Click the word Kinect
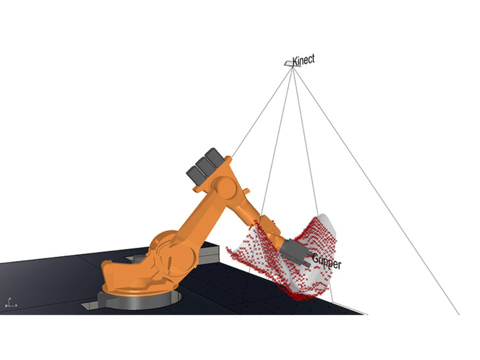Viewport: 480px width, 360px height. pyautogui.click(x=303, y=60)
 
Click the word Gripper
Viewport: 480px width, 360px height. pyautogui.click(x=326, y=262)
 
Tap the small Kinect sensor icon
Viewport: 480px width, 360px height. pyautogui.click(x=288, y=63)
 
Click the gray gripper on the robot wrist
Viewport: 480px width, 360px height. pyautogui.click(x=293, y=251)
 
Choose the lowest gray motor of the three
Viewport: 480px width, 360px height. pyautogui.click(x=195, y=175)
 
